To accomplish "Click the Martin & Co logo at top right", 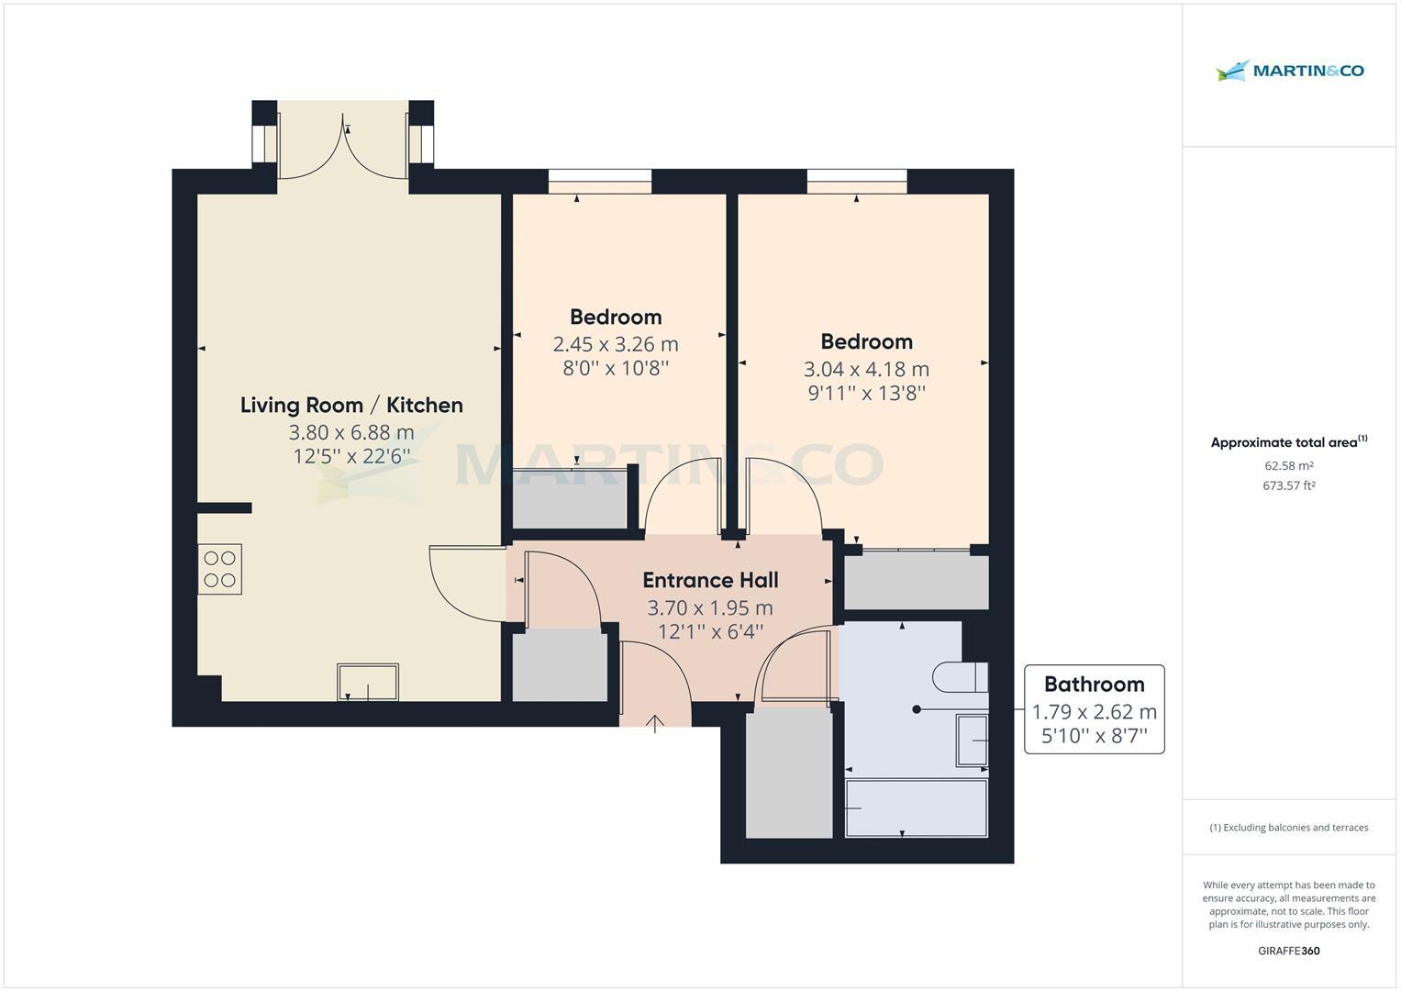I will coord(1289,71).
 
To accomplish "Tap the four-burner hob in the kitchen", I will coord(220,569).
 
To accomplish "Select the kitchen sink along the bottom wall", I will coord(368,683).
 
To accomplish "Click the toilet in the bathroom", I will coord(960,678).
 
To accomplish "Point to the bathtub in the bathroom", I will coord(916,807).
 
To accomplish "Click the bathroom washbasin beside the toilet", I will coord(972,740).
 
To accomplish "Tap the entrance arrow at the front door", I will coord(654,724).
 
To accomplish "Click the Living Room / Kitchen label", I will coord(351,405).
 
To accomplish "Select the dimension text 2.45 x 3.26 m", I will coord(615,344).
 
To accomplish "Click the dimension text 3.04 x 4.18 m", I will coord(866,369).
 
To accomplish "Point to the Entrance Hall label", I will coord(710,580).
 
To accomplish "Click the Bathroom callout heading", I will coord(1094,684).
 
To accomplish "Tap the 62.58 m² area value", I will coord(1288,466).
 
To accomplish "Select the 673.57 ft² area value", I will coord(1288,486).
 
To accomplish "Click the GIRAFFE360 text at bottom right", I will coord(1288,951).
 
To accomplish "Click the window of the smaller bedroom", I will coord(600,181).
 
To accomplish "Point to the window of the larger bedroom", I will coord(857,181).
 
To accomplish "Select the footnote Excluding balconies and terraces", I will coord(1288,828).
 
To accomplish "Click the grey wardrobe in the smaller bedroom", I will coord(570,498).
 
